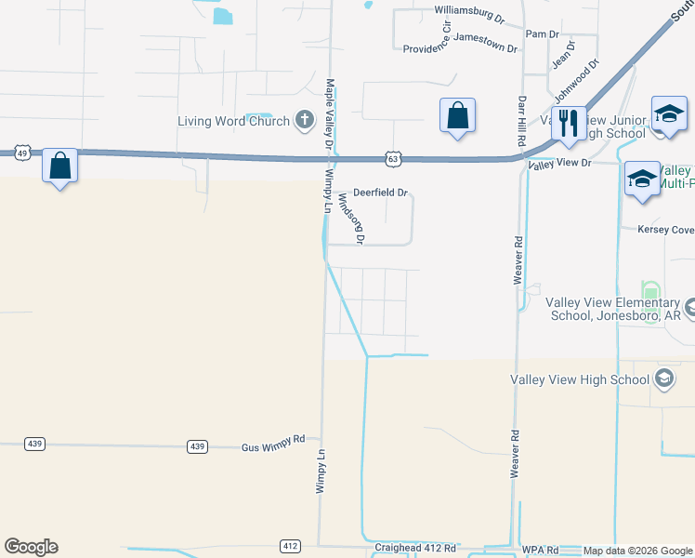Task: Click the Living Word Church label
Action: [233, 121]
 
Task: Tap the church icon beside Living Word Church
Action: [304, 120]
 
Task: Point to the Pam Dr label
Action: [542, 33]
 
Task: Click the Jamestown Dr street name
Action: [486, 46]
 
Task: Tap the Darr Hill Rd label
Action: [521, 118]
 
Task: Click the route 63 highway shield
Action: [394, 160]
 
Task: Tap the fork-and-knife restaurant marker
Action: [568, 122]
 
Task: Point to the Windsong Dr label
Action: [352, 218]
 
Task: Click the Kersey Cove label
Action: [665, 229]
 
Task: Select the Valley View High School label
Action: [579, 379]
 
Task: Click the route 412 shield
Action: [291, 545]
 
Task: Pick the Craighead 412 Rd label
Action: [410, 549]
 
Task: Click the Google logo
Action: [31, 547]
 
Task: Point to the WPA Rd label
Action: [539, 550]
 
